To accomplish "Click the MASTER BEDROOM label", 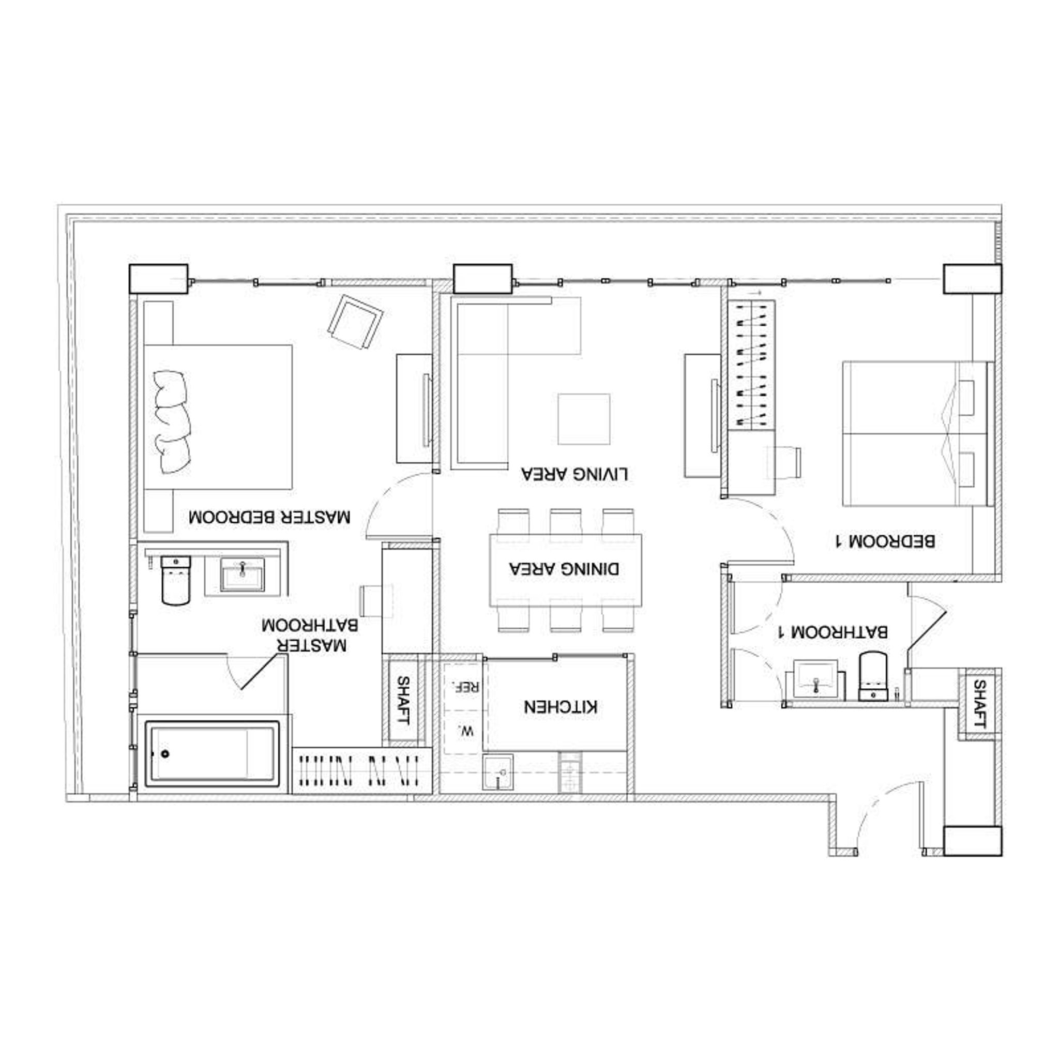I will point(269,517).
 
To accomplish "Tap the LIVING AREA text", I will point(574,474).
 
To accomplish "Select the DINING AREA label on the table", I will point(564,568).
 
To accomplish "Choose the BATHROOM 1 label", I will point(832,631).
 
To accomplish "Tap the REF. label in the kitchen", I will point(464,687).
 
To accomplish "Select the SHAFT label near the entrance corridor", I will point(979,704).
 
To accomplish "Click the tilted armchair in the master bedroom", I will point(355,322).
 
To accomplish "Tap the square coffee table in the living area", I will point(584,419).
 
